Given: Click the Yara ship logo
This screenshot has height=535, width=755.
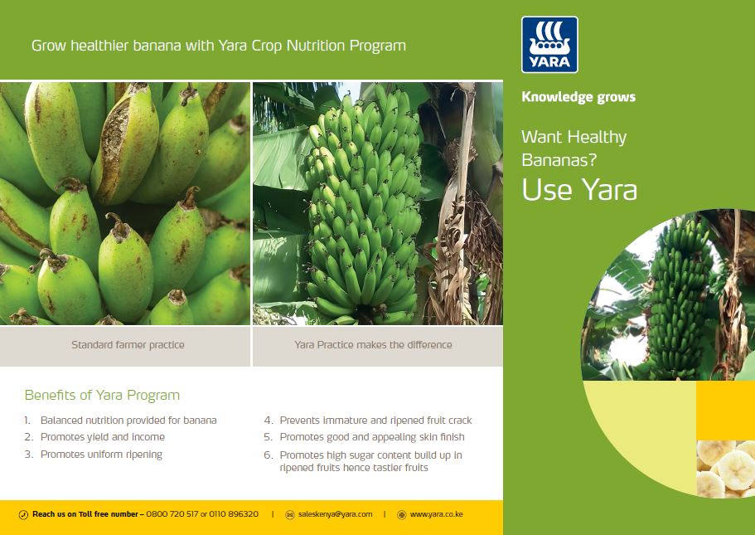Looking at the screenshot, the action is pyautogui.click(x=549, y=45).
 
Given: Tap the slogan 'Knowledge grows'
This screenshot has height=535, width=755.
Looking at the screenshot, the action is pyautogui.click(x=578, y=97).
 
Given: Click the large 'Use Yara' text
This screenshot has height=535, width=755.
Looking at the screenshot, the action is pyautogui.click(x=579, y=189).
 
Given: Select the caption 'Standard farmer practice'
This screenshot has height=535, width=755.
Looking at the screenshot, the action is pyautogui.click(x=128, y=344).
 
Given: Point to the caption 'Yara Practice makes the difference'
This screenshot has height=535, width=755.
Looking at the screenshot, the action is pyautogui.click(x=373, y=344).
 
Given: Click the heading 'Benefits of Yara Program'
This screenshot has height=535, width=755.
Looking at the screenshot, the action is pyautogui.click(x=102, y=395).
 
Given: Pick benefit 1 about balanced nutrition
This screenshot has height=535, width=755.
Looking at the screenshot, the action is pyautogui.click(x=120, y=421).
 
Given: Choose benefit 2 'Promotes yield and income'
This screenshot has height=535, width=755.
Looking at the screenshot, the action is pyautogui.click(x=94, y=437).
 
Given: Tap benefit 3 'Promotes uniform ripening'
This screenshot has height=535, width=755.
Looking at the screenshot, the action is pyautogui.click(x=94, y=455).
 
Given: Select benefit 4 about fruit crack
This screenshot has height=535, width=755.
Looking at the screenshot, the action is pyautogui.click(x=368, y=421).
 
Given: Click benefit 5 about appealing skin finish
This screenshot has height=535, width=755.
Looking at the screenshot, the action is pyautogui.click(x=364, y=437).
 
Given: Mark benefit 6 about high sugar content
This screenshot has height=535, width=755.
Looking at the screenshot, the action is pyautogui.click(x=363, y=461).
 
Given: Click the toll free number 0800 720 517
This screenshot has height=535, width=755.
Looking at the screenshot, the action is pyautogui.click(x=172, y=514).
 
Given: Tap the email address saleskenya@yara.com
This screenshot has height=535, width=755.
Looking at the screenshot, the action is pyautogui.click(x=335, y=514).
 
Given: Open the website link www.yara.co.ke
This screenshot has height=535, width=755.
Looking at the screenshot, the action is pyautogui.click(x=436, y=514).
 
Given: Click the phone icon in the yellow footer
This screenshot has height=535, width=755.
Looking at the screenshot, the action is pyautogui.click(x=23, y=515).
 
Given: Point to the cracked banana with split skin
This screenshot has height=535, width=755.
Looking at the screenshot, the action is pyautogui.click(x=125, y=144).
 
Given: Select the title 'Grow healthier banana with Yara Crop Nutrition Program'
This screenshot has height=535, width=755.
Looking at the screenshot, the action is pyautogui.click(x=219, y=46).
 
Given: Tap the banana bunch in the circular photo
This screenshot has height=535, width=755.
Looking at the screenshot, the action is pyautogui.click(x=679, y=296).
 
